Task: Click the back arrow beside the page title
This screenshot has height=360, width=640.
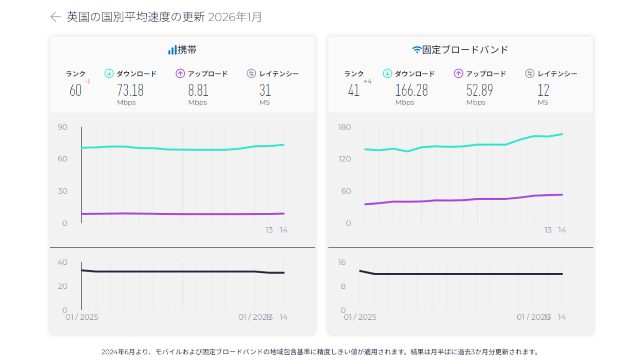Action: pos(56,17)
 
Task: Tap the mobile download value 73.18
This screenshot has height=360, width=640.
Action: pos(130,90)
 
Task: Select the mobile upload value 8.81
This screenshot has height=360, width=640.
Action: pos(198,90)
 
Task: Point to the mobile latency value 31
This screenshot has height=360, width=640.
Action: pos(265,90)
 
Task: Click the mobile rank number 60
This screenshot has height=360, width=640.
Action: pos(75,90)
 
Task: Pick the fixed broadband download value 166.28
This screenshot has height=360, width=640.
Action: pos(411,90)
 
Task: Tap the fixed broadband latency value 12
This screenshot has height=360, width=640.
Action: pos(543,90)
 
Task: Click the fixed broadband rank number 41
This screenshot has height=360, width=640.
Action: pos(354,90)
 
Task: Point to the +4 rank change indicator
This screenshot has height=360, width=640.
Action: pos(367,81)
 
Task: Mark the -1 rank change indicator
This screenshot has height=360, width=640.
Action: pos(87,81)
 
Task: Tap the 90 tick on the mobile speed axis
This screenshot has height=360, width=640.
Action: pos(62,127)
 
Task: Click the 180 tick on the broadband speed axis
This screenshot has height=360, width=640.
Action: pos(344,127)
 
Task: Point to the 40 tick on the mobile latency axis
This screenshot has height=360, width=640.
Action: pos(62,262)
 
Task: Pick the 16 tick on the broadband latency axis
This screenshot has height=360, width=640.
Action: pos(343,262)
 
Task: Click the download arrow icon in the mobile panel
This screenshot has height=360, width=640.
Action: pos(109,74)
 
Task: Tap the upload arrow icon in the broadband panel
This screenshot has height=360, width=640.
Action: pos(459,74)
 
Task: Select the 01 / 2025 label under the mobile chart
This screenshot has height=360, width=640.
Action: pos(82,317)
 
